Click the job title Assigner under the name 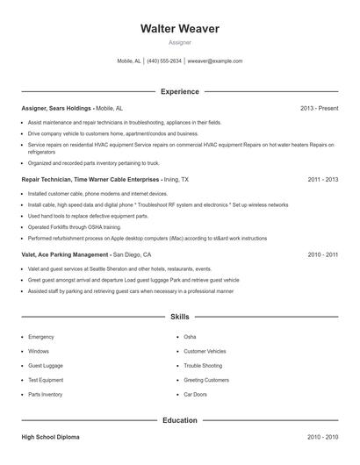[179, 42]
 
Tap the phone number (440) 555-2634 [164, 61]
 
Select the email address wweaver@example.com [215, 61]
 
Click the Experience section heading [179, 91]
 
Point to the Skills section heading [179, 316]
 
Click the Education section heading [179, 420]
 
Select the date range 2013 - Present [319, 108]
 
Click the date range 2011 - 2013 [323, 178]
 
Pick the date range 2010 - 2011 [323, 254]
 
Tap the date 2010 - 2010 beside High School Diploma [323, 436]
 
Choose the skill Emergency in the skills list [41, 336]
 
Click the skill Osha [190, 336]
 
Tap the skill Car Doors [195, 394]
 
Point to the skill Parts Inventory [46, 394]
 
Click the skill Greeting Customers [205, 380]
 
